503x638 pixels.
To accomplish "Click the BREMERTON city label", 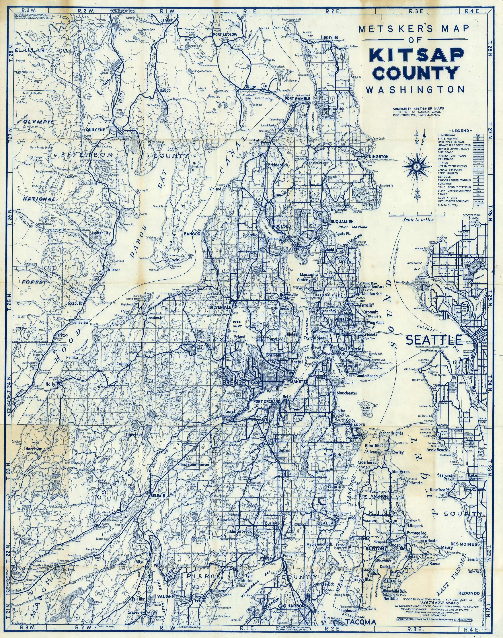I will [241, 382].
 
